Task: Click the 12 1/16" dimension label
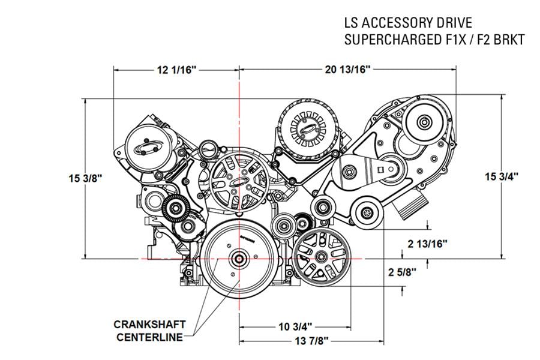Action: (x=177, y=70)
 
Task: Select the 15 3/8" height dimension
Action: (x=86, y=178)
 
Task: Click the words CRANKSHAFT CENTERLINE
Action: (x=149, y=331)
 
